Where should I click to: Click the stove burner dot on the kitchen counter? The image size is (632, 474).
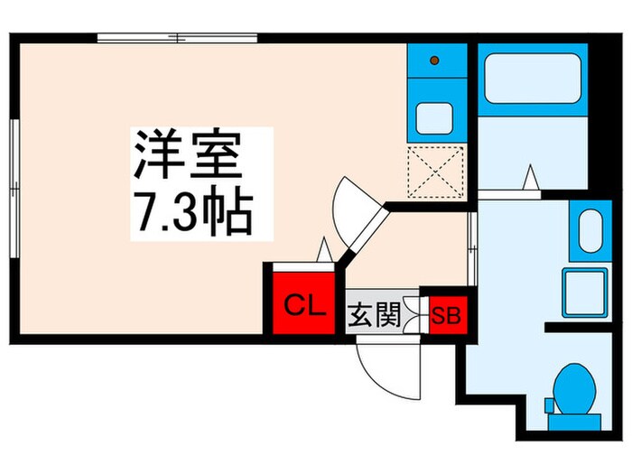pos(433,60)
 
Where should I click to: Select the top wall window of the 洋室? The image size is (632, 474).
pos(177,38)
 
